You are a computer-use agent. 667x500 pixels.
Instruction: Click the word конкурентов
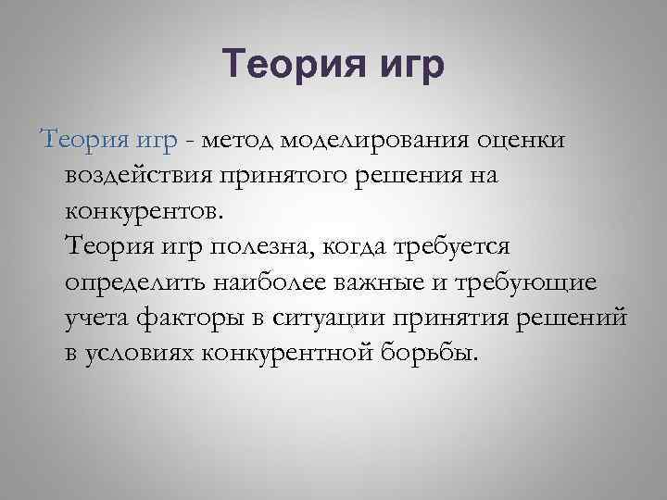coord(145,210)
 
